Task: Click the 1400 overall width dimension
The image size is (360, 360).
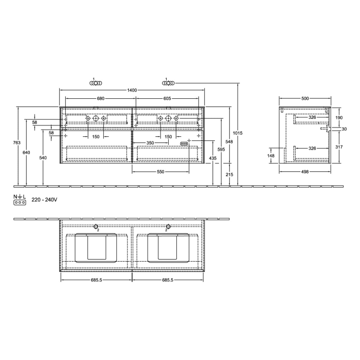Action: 132,91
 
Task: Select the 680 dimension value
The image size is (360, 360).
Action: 101,98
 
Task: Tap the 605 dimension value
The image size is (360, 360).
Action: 167,98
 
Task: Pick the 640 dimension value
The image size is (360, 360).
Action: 27,152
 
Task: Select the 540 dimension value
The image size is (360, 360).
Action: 43,157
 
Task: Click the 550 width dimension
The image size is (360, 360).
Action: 160,171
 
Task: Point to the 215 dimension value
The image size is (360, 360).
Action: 229,175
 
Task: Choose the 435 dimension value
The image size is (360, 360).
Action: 213,158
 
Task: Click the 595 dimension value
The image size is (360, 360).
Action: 222,149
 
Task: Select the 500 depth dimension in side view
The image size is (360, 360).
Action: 305,98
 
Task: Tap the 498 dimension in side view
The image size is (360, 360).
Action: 305,171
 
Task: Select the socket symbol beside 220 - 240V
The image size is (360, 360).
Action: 20,203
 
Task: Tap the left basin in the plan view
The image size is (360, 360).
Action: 96,247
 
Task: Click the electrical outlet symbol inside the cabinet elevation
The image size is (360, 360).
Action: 184,143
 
